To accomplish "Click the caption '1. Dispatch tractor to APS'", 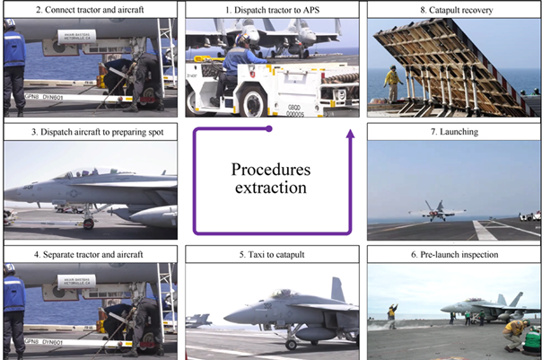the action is coord(273,10).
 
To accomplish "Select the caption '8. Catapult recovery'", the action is coord(456,10).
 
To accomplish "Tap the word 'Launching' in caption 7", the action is coord(459,132).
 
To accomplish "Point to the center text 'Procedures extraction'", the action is coord(271,179).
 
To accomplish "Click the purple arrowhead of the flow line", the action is coord(351,134).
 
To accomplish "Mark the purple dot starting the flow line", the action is coord(269,129).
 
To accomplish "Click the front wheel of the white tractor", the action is coord(254,101).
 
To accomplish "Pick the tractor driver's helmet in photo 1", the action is coord(243,40).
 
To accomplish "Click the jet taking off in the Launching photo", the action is coord(437,211).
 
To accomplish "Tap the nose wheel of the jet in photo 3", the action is coord(89,224).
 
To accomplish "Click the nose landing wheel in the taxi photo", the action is coord(291,345).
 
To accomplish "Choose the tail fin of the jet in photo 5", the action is coord(337,290).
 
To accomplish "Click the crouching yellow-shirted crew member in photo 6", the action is coord(514,335).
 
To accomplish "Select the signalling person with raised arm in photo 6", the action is coord(392,316).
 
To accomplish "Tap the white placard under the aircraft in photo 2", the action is coord(77,37).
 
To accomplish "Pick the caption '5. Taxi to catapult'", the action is coord(272,255).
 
